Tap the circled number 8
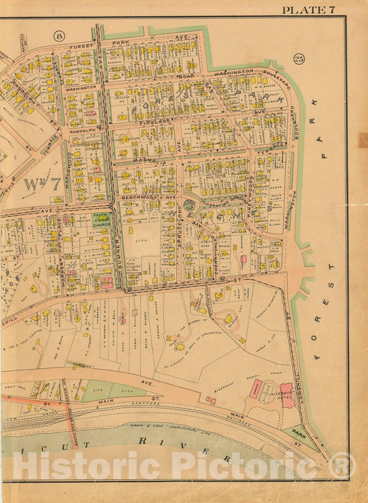[x=59, y=35]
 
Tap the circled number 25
[x=298, y=58]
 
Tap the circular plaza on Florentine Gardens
[x=188, y=205]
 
